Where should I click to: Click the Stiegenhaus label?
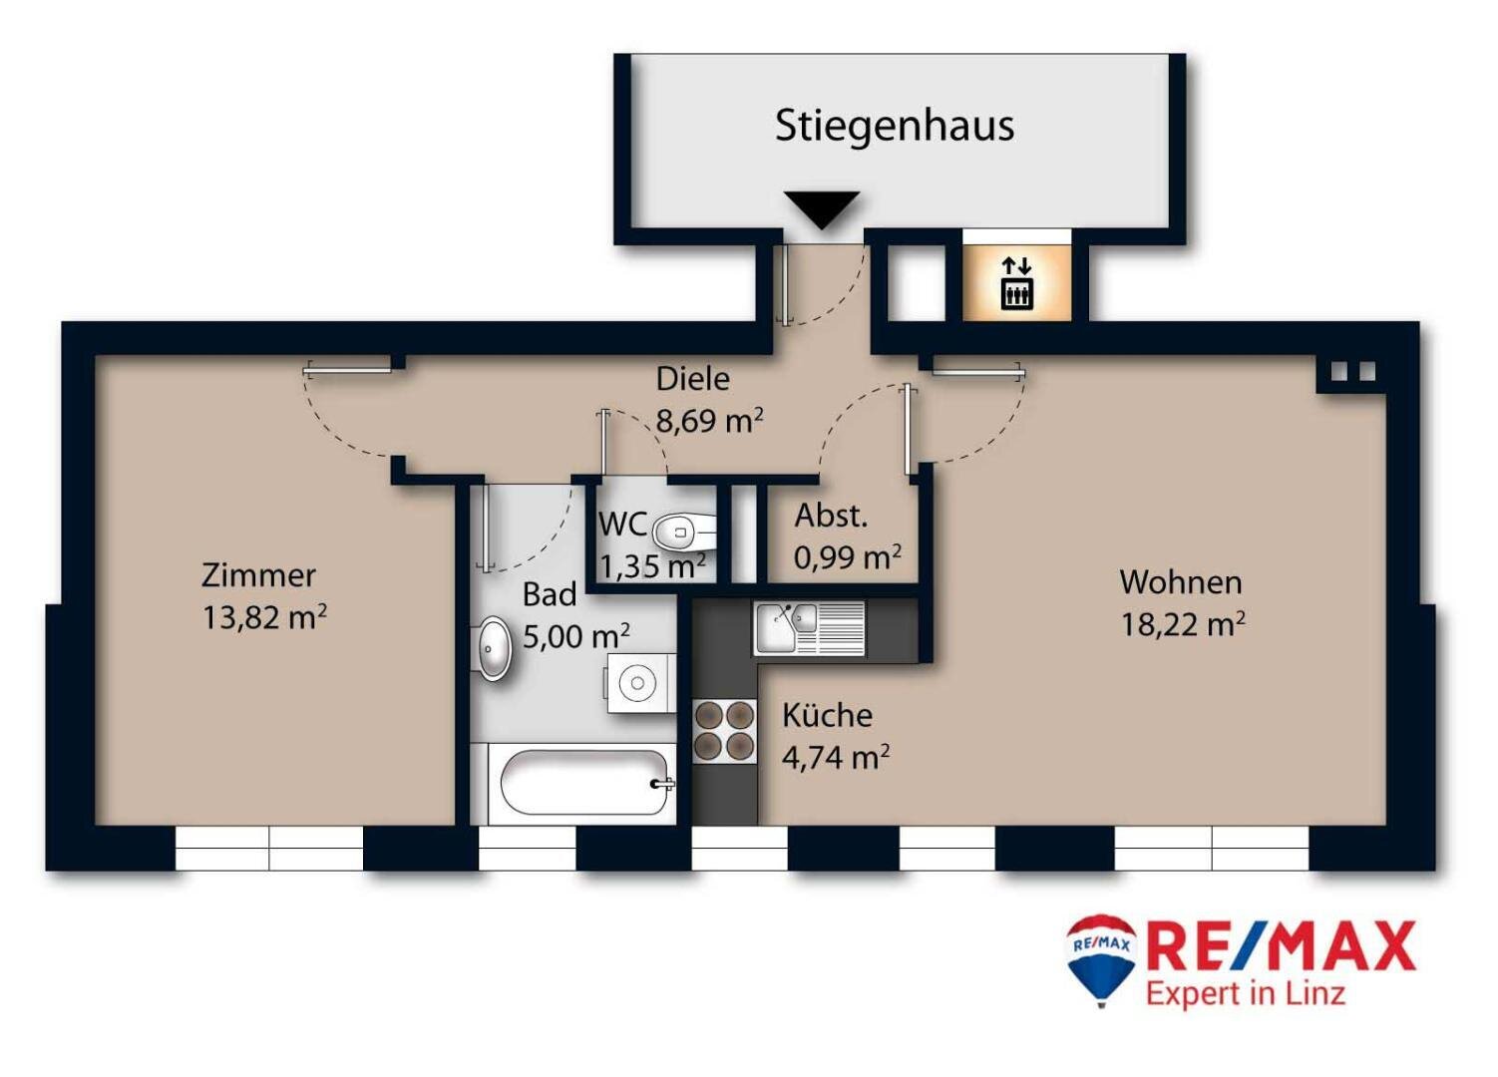894,127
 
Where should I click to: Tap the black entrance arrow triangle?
822,207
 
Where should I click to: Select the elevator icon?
1016,283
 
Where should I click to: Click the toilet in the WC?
683,533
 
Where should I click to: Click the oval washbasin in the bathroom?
494,649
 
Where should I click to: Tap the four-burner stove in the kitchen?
724,731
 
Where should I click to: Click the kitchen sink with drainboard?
809,627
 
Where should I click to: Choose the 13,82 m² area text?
264,618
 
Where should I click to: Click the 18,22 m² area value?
1182,625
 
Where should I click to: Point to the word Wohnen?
1180,582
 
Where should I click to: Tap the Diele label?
692,379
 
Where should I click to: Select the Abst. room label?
830,517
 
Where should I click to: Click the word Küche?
827,715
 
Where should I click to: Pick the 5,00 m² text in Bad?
575,636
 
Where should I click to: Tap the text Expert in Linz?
1245,993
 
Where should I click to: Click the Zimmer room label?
258,575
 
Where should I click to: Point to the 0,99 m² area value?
847,557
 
